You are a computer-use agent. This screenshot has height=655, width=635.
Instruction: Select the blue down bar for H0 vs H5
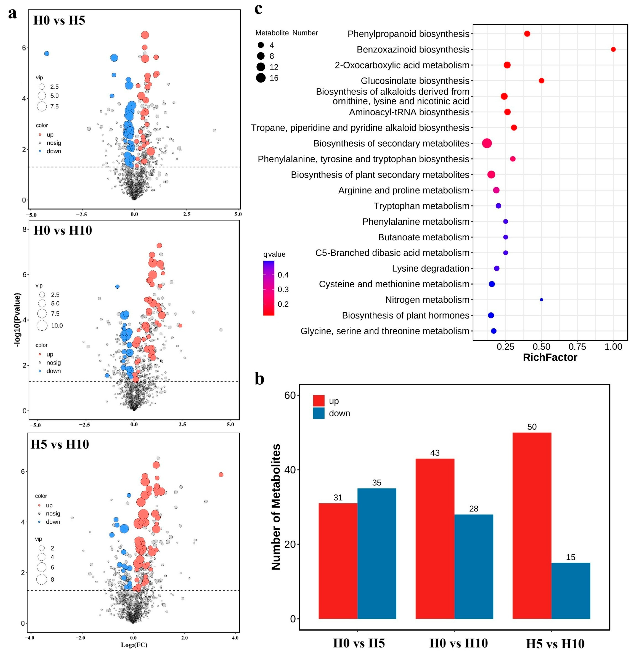[x=377, y=553]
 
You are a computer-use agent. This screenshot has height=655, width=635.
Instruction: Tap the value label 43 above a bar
[x=434, y=453]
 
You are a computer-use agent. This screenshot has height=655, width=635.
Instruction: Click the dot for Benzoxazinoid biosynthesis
[x=613, y=49]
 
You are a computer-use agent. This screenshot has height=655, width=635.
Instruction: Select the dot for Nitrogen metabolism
[x=541, y=300]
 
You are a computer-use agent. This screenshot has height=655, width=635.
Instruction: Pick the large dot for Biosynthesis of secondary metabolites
[x=487, y=143]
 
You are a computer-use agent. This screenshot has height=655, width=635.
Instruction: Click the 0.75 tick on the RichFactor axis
[x=577, y=347]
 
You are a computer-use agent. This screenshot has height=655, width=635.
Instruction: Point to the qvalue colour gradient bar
[x=269, y=288]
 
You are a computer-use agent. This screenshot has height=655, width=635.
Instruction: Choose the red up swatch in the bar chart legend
[x=319, y=401]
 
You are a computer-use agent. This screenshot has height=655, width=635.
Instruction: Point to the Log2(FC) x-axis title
[x=134, y=645]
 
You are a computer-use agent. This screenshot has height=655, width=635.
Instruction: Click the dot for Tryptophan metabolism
[x=498, y=206]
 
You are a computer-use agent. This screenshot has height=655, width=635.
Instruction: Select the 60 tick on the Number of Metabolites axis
[x=290, y=395]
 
